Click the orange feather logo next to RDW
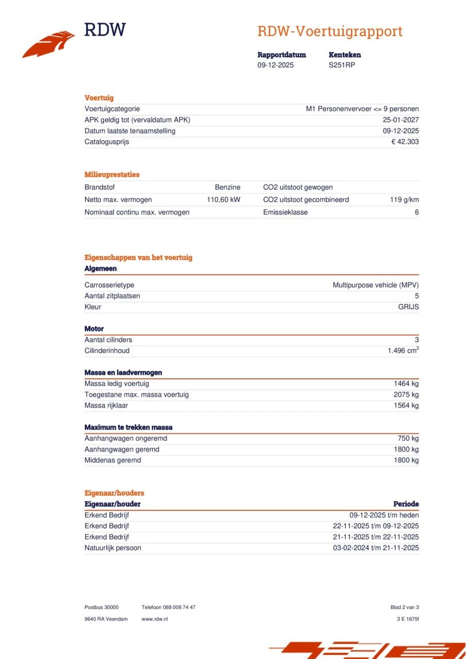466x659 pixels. click(x=48, y=44)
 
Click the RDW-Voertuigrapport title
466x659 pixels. click(x=329, y=31)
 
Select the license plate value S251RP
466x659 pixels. click(x=342, y=65)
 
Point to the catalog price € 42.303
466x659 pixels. click(x=405, y=142)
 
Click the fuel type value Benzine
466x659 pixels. click(x=227, y=187)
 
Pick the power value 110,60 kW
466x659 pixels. click(x=223, y=200)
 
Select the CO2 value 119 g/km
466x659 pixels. click(x=404, y=200)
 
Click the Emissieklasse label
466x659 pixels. click(x=285, y=212)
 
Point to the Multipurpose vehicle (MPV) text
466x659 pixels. click(x=375, y=285)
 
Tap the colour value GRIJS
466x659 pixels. click(x=408, y=307)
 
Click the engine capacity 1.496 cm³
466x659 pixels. click(x=403, y=351)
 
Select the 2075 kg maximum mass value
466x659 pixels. click(x=406, y=395)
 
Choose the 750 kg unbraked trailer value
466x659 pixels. click(x=408, y=439)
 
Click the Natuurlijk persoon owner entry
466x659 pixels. click(x=112, y=548)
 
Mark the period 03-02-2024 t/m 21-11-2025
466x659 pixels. click(x=376, y=548)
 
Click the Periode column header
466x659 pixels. click(x=406, y=504)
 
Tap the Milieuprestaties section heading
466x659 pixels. click(x=112, y=175)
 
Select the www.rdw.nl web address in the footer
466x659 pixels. click(x=154, y=619)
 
